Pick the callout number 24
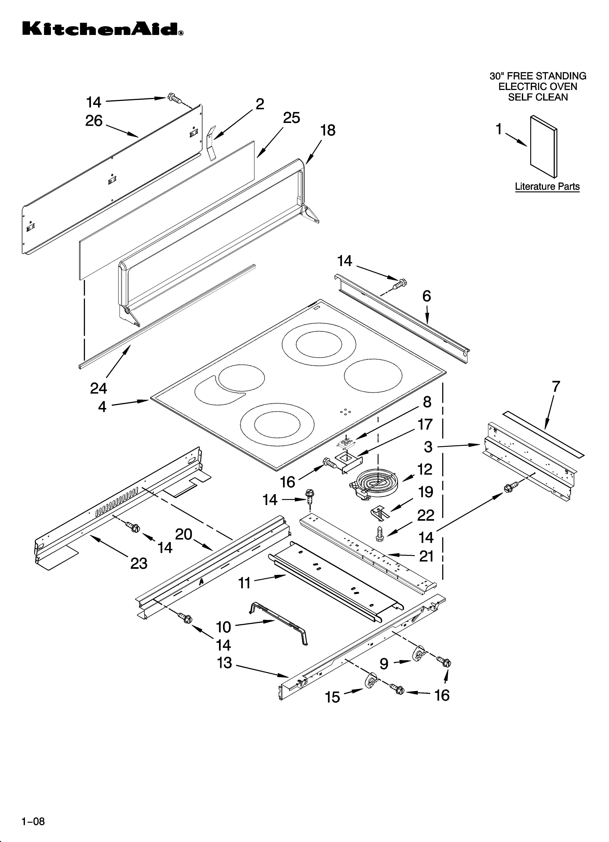pyautogui.click(x=99, y=388)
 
